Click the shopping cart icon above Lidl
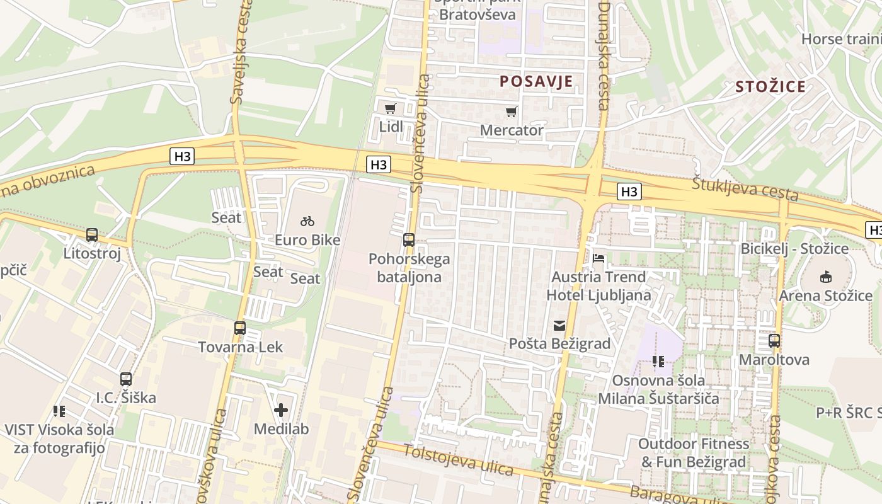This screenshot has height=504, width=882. point(391,108)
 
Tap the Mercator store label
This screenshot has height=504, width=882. point(511,130)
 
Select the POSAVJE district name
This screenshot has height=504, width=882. point(536,81)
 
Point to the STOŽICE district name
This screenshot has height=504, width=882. point(770,87)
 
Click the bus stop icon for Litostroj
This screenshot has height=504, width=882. point(92,235)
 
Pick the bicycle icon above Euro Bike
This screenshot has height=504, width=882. point(307,221)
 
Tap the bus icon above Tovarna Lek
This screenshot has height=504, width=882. point(240,328)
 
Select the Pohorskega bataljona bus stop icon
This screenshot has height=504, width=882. point(409,239)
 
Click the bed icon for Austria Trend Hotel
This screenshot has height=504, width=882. point(598,258)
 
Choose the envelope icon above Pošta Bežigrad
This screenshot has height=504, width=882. point(559,326)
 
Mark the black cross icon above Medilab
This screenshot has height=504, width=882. point(281,411)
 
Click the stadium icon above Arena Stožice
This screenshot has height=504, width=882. point(825,277)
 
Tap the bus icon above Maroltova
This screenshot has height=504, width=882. point(774,341)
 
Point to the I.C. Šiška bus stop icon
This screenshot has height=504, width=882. point(126,379)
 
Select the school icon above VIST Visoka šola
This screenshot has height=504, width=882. point(59,411)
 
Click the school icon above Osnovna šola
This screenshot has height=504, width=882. point(658,362)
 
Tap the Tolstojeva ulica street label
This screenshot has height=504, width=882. point(458,460)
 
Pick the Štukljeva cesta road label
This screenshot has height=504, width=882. point(745,190)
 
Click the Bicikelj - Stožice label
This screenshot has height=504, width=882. point(794,249)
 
